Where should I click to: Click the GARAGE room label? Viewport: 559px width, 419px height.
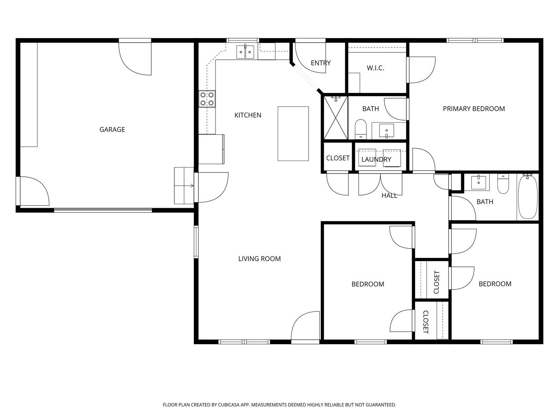coord(112,130)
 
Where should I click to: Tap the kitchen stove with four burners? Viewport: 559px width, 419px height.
coord(207,99)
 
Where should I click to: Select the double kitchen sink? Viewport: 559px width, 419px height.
coord(245,52)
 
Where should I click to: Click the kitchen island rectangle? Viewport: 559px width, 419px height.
coord(293,134)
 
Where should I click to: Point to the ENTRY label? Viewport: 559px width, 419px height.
coord(321,63)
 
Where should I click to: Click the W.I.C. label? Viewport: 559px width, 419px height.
coord(375,68)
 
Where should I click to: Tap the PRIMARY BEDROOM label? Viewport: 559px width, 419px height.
coord(474,109)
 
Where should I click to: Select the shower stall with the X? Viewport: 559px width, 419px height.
coord(336,118)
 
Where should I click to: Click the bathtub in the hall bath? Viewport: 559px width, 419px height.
coord(528,197)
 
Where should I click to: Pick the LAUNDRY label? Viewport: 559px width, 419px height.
coord(376,159)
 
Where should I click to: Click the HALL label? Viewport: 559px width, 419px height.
coord(389,196)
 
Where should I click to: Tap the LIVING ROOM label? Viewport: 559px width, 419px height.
coord(259,259)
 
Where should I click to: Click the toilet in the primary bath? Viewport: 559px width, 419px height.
coord(360,129)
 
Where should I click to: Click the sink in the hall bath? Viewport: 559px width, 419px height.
coord(479,182)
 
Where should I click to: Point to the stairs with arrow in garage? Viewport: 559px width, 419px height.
coord(184,185)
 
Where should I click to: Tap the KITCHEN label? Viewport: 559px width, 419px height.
coord(248,115)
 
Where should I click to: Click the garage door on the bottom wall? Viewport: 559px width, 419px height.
coord(103,210)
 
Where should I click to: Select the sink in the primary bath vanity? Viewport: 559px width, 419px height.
coord(387,131)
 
